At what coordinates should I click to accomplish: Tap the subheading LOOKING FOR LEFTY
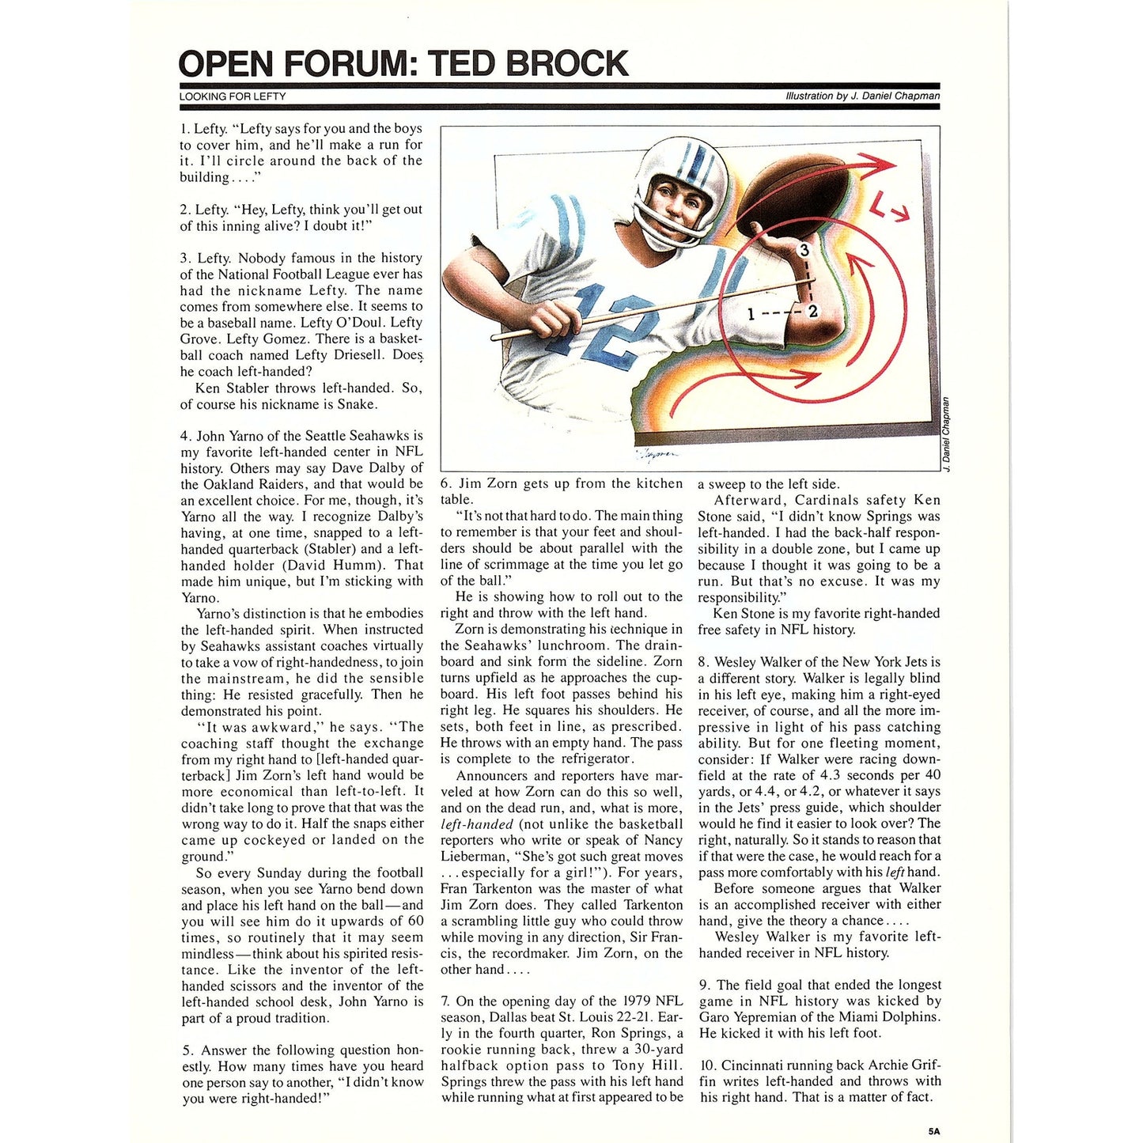click(233, 97)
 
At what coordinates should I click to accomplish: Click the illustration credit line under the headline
click(862, 96)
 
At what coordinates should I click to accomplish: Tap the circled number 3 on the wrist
click(804, 251)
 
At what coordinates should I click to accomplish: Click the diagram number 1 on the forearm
click(751, 314)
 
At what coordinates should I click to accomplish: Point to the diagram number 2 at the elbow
click(812, 312)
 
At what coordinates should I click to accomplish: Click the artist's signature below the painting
click(657, 455)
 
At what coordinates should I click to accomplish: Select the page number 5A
click(934, 1131)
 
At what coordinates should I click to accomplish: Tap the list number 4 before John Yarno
click(185, 436)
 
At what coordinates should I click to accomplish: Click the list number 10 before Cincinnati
click(708, 1065)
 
